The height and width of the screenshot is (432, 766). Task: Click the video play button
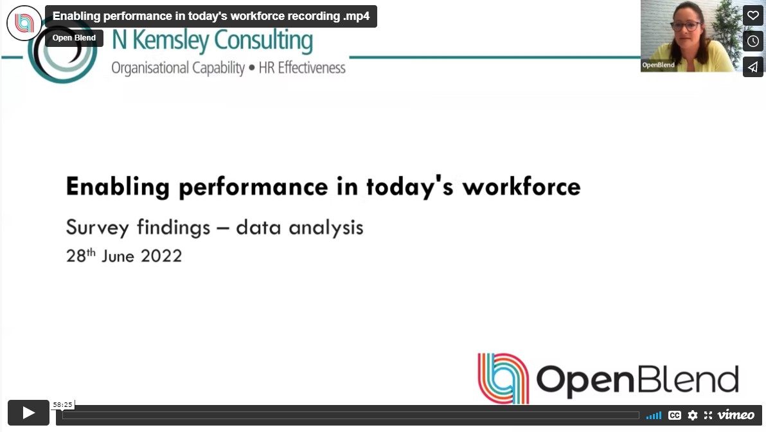28,413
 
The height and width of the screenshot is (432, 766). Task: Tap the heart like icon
753,15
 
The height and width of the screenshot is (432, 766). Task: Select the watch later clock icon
753,41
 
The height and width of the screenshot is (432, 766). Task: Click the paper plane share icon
753,67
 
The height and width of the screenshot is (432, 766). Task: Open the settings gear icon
692,415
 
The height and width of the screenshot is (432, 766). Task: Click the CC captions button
674,415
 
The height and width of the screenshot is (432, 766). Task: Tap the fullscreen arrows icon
708,415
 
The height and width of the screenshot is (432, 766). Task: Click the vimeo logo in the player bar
736,415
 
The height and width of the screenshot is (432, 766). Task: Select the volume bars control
654,415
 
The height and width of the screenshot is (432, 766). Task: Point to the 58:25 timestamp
62,405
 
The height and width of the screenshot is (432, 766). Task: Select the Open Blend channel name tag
74,38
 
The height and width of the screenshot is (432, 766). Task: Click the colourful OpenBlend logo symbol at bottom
503,378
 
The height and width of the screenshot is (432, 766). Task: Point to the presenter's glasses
686,26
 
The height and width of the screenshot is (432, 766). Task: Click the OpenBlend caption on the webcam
659,65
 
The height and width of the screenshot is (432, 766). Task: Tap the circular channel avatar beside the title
24,23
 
